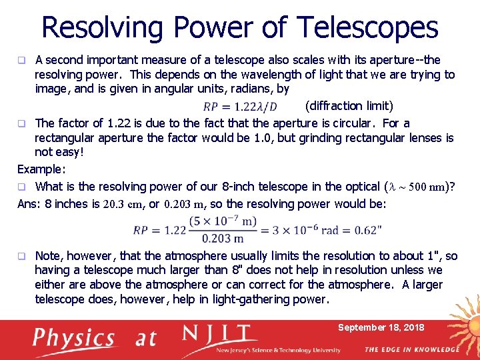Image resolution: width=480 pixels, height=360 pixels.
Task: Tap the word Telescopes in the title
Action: [368, 28]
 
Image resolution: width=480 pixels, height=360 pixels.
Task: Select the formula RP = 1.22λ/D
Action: [240, 107]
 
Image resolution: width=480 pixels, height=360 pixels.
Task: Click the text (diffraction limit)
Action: [349, 106]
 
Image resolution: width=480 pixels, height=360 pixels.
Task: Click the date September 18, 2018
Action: [381, 327]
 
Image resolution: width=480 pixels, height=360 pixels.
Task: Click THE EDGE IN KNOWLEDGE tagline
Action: [411, 349]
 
